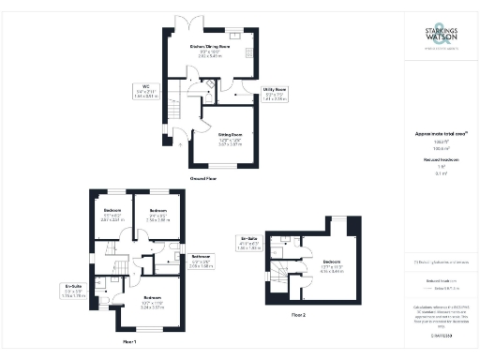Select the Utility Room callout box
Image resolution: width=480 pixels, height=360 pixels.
coord(274,95)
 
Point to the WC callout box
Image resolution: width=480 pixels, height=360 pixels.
coord(146,93)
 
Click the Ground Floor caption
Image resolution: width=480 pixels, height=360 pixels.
coord(204,177)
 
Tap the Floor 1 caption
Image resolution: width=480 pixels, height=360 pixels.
coord(129,343)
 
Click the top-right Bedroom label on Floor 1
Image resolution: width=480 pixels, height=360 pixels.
coord(157,214)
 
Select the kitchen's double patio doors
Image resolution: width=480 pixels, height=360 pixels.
coord(195,20)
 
